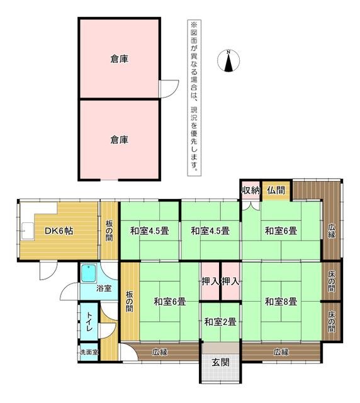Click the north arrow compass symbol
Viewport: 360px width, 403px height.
pos(228,60)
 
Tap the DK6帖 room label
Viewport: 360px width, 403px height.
pos(59,231)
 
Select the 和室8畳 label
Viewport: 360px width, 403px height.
pos(281,302)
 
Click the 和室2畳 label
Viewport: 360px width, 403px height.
pos(220,322)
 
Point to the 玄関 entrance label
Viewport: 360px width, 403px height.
pos(220,363)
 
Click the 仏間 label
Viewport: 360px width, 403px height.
pos(276,190)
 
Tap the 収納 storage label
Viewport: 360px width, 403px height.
pos(250,190)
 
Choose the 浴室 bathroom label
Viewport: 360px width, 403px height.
pos(104,288)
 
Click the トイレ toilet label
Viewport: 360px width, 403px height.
pos(89,322)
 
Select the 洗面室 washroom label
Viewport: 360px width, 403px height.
pos(89,352)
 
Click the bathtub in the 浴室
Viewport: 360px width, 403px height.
pos(89,273)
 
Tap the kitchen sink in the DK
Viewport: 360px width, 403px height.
pos(27,231)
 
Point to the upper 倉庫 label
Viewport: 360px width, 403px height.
pos(119,59)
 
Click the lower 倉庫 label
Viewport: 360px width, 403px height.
pos(119,140)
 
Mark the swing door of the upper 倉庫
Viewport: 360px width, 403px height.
pos(169,89)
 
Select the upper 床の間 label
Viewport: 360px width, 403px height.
pos(332,281)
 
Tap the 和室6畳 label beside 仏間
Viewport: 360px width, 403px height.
pos(281,230)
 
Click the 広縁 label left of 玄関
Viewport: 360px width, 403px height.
pos(160,352)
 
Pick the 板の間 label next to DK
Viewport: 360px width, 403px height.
pos(109,230)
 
